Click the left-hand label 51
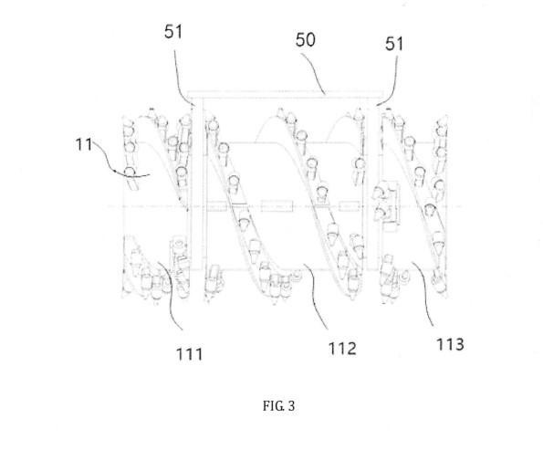(x=173, y=32)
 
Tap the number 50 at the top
(x=306, y=39)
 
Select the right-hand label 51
(x=394, y=45)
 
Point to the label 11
(x=84, y=144)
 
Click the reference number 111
(x=190, y=354)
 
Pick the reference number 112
(x=342, y=348)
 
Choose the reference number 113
(x=450, y=344)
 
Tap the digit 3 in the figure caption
(x=291, y=405)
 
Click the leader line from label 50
(x=313, y=71)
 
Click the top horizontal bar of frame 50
(x=285, y=93)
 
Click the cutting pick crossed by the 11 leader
(x=131, y=178)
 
